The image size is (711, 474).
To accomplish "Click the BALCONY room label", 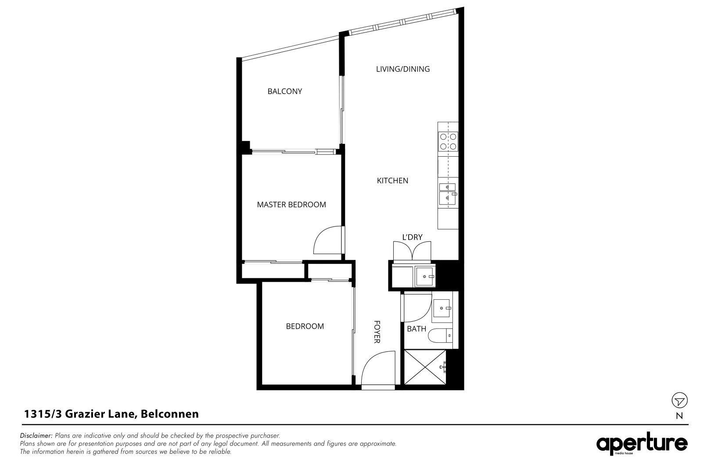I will (285, 91).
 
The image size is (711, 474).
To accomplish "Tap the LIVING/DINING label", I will (402, 69).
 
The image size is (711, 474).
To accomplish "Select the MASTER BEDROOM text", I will (291, 205).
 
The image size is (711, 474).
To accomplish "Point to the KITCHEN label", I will (392, 180).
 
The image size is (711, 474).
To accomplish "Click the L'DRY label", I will (412, 237).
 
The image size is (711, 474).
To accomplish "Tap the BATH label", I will (416, 329).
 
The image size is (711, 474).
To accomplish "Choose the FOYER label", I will (377, 331).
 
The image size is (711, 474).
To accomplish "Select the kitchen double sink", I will (448, 193).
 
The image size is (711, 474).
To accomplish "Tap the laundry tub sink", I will (424, 276).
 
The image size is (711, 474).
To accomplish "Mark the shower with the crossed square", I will (424, 368).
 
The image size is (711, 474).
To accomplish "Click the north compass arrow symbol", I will (679, 401).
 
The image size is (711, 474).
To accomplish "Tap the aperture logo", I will (641, 444).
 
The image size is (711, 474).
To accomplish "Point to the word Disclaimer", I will (36, 436).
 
